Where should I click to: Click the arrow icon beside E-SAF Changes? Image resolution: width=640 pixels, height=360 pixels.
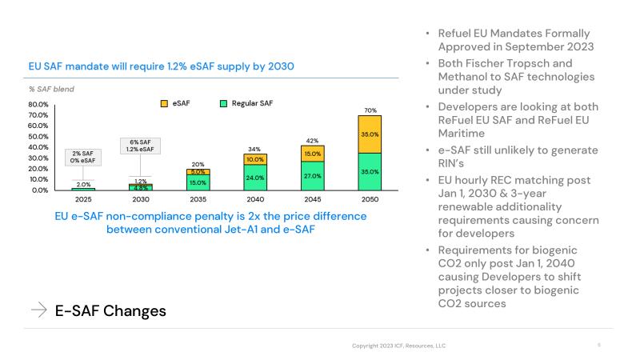click(x=38, y=311)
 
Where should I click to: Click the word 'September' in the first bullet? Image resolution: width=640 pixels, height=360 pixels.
click(x=518, y=46)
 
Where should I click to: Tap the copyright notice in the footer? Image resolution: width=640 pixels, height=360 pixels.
click(x=399, y=345)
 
